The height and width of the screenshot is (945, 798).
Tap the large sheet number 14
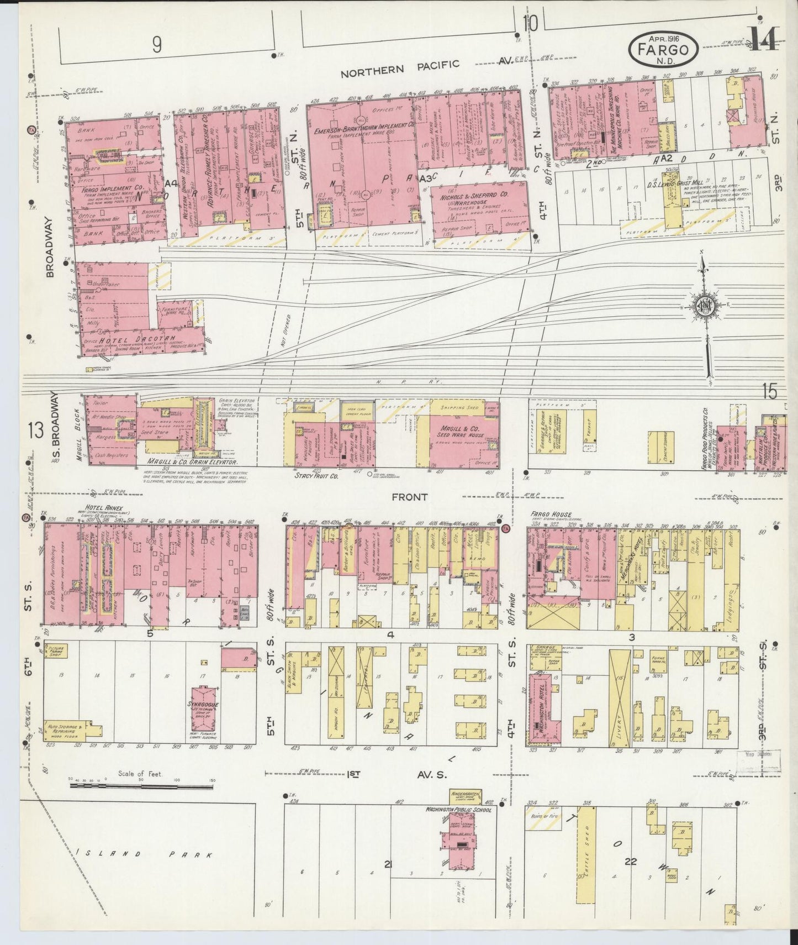click(765, 39)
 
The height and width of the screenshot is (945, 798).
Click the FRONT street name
click(409, 497)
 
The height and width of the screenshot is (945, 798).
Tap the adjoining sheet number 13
click(35, 430)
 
